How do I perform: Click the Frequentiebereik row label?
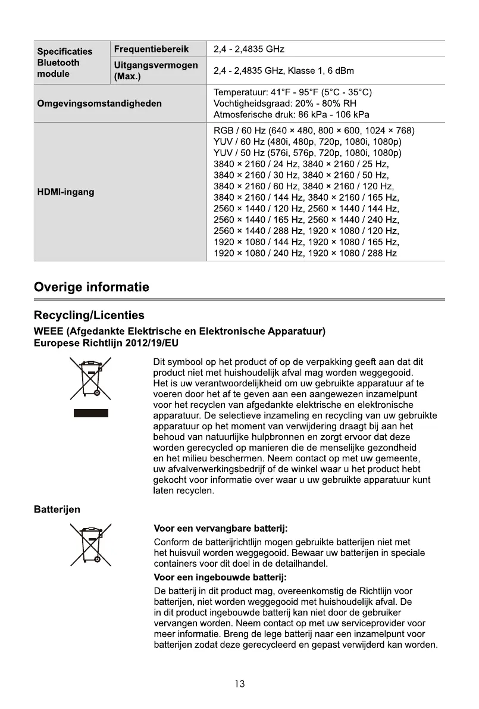(x=151, y=49)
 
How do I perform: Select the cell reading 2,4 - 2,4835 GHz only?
(x=249, y=49)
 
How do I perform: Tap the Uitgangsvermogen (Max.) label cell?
(x=155, y=71)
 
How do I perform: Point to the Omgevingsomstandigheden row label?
(x=99, y=104)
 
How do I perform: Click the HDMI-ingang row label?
(x=65, y=192)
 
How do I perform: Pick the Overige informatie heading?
(x=92, y=288)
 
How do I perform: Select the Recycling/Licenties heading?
(x=89, y=315)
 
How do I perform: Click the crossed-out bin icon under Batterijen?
(x=91, y=544)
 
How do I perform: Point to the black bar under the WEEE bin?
(x=91, y=413)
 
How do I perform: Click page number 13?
(x=239, y=684)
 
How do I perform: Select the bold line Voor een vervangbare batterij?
(x=221, y=528)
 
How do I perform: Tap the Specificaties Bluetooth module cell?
(x=65, y=63)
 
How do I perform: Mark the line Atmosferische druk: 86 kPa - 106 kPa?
(x=291, y=114)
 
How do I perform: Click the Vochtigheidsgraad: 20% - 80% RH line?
(x=284, y=104)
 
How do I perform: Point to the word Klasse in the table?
(x=301, y=71)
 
